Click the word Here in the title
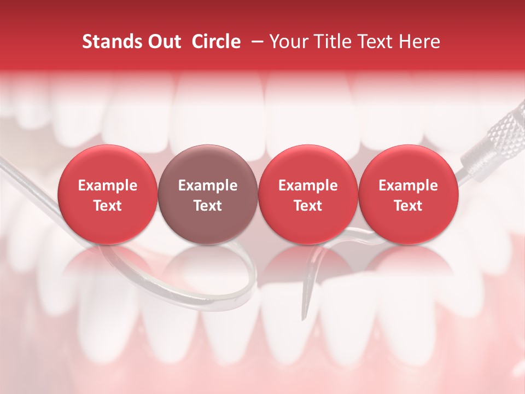(421, 42)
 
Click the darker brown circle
(208, 194)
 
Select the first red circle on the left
(108, 194)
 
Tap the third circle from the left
(308, 194)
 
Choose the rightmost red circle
(408, 194)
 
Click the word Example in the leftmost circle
(108, 186)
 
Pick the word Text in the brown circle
(208, 206)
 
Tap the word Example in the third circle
(308, 186)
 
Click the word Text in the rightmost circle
(408, 206)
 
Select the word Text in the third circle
(308, 206)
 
